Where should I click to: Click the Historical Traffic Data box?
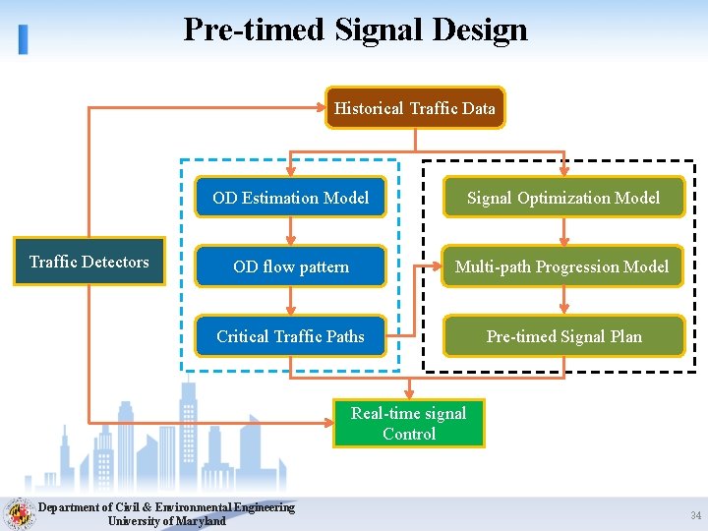414,108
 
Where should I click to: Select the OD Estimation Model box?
290,198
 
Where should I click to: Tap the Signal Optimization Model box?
562,198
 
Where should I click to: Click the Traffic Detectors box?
88,262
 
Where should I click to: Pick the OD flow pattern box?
290,266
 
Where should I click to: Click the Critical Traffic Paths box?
290,336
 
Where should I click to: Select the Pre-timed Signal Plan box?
563,336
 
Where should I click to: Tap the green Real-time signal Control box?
408,424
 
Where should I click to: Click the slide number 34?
695,515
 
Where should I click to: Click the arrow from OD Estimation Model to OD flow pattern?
290,232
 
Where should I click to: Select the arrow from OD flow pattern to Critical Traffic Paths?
290,301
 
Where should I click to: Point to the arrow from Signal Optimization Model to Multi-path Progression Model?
563,232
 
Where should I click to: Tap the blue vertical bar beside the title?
23,38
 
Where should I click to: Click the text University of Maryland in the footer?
166,521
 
